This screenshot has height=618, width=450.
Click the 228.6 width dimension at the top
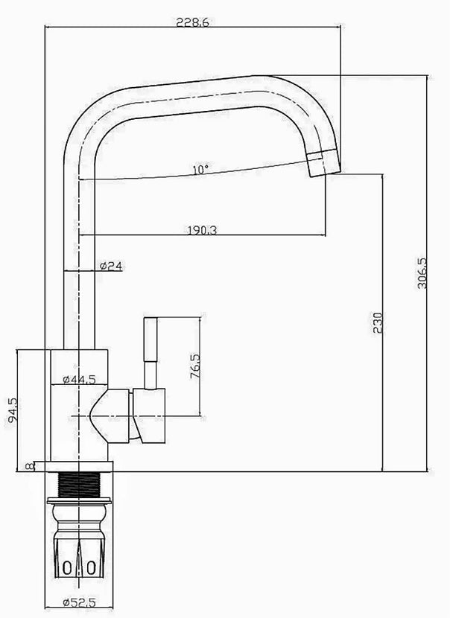[192, 22]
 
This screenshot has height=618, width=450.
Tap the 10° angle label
[200, 170]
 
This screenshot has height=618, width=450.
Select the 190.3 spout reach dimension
[202, 230]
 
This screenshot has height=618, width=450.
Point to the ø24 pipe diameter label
[111, 266]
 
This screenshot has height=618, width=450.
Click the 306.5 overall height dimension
[422, 273]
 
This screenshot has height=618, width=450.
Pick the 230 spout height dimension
[378, 323]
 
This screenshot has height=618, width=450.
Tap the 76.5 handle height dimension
[195, 366]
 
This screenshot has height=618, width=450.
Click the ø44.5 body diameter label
[79, 379]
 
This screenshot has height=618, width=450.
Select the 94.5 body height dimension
[12, 410]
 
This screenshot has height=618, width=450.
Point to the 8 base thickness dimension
[29, 466]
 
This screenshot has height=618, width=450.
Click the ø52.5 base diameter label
[79, 602]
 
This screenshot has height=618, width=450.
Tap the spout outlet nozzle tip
[323, 163]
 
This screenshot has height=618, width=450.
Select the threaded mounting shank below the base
[79, 485]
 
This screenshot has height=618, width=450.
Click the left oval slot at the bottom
[68, 568]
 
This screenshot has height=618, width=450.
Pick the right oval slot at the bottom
[91, 568]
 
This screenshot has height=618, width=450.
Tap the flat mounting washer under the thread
[79, 500]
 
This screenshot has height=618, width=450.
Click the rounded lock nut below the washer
[79, 513]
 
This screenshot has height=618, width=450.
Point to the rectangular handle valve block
[149, 415]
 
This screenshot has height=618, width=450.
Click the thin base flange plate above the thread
[79, 467]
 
